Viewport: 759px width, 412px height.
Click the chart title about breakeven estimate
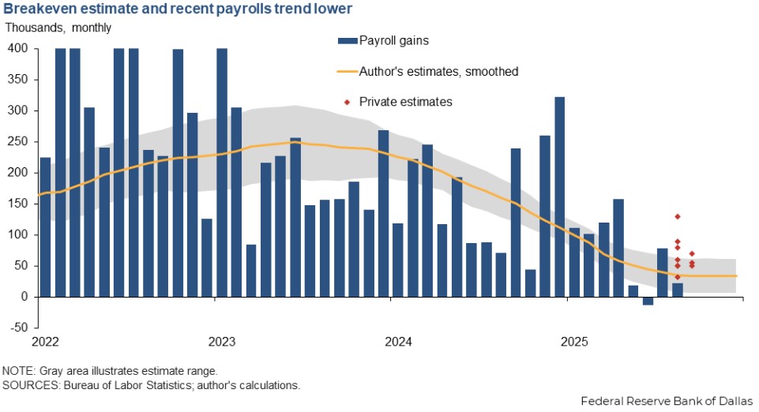click(x=178, y=9)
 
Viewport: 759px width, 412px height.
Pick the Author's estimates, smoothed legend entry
click(x=427, y=71)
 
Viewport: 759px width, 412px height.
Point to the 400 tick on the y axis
click(x=18, y=49)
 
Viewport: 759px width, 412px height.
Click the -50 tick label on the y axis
click(x=18, y=328)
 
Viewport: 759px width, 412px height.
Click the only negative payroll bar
click(x=648, y=301)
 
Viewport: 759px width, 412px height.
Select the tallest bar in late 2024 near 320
click(x=560, y=197)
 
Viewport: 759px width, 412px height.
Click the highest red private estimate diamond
click(x=678, y=216)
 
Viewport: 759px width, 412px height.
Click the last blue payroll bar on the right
click(x=678, y=290)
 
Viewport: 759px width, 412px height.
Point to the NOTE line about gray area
click(x=109, y=371)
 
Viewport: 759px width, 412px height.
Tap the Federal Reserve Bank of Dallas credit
click(x=667, y=401)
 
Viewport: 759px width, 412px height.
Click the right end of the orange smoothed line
click(x=736, y=275)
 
